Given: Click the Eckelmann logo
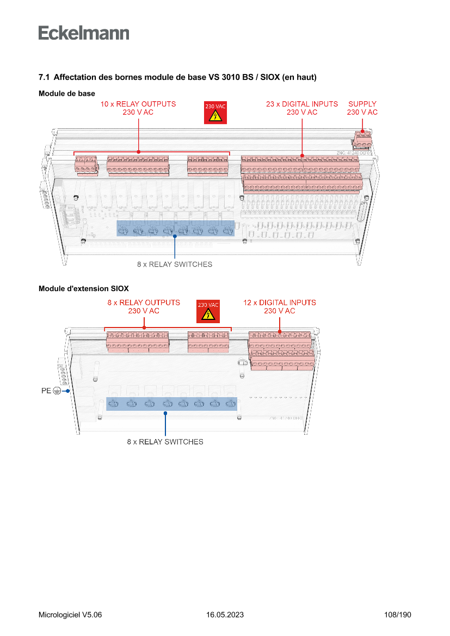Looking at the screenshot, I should (84, 33).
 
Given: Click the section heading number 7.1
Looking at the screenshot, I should (44, 78).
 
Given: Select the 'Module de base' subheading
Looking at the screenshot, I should (66, 94).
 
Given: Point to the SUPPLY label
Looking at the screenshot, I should (362, 104).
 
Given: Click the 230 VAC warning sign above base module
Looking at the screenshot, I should (215, 113).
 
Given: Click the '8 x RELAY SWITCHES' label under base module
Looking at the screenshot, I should (174, 264).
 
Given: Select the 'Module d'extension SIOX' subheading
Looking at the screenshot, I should (83, 288).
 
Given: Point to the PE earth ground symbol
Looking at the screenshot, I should (57, 391).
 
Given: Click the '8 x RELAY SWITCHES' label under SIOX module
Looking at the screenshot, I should (165, 442).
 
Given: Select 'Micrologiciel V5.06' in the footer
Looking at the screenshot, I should (70, 615).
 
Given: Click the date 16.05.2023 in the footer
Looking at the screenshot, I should (225, 615).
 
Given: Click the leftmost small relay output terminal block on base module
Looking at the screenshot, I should (86, 165).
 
